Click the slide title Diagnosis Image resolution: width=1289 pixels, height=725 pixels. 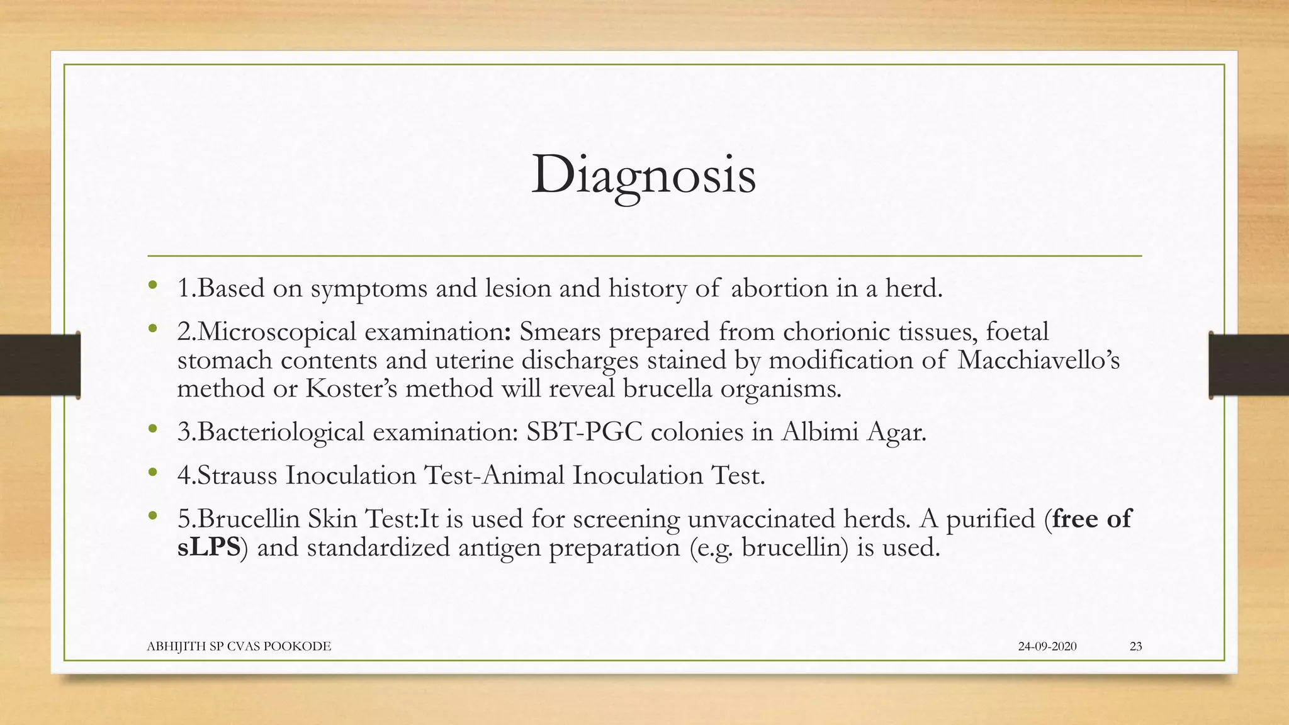click(643, 175)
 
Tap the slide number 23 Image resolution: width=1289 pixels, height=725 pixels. click(1135, 646)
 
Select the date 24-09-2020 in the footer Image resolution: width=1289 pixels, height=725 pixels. click(1047, 646)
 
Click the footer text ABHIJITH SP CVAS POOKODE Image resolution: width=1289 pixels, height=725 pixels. click(239, 646)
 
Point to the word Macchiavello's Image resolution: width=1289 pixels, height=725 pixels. click(1039, 361)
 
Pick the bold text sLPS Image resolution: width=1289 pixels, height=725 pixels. click(208, 548)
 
